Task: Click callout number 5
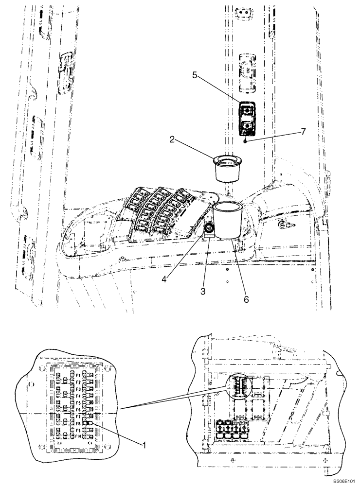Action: click(x=194, y=75)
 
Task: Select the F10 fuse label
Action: click(x=78, y=436)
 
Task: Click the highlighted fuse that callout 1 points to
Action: click(x=90, y=423)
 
